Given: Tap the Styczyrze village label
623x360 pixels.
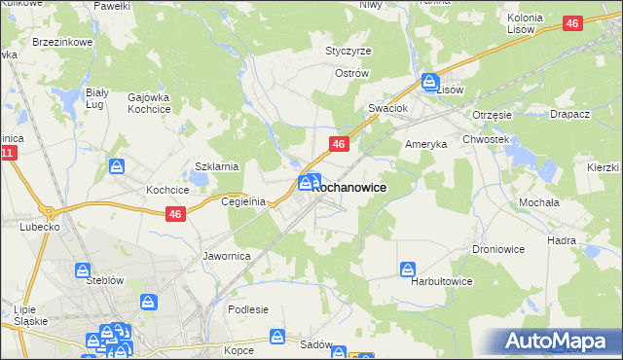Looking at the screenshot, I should pos(348,51).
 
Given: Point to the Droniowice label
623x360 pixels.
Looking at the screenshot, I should pos(499,249).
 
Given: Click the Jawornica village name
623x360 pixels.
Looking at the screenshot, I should pos(227,256).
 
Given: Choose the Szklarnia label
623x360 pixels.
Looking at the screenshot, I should pos(217,166).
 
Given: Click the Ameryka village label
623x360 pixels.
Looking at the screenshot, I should pos(425,143).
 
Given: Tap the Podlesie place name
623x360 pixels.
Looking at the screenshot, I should pos(248,309).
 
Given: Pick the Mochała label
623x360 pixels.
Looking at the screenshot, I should pos(537,202).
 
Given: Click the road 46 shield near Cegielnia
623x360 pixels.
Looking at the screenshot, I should pos(175,215).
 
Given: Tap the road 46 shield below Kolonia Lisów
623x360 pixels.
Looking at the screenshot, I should pos(573,22).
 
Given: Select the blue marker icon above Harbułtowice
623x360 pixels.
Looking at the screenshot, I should pos(408,267).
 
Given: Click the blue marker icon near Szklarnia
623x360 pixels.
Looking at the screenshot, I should pos(116,166).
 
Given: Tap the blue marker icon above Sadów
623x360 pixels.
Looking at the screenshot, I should pos(278,337).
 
